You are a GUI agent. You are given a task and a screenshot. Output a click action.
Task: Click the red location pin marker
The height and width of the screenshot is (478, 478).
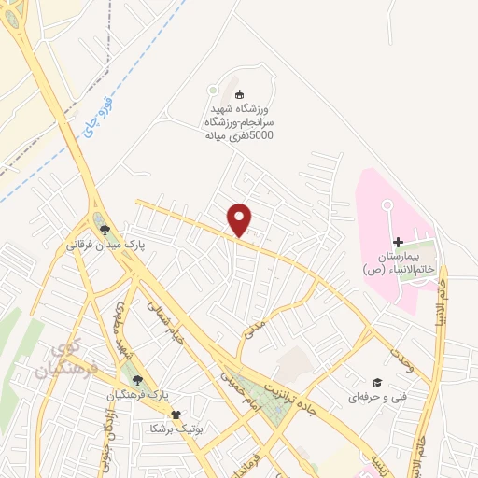tap(240, 218)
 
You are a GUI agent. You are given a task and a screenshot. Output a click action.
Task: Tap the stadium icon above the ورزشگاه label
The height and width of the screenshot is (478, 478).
tap(239, 93)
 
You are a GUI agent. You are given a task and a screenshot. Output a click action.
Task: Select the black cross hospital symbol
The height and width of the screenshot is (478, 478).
tap(399, 242)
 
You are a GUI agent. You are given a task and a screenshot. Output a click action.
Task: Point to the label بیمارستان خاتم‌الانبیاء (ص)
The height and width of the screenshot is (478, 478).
tap(399, 261)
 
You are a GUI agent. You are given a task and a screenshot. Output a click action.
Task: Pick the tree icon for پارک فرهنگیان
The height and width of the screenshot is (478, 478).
tap(138, 379)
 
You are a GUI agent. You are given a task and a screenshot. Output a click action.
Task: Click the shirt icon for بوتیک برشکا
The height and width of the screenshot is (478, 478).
tap(175, 415)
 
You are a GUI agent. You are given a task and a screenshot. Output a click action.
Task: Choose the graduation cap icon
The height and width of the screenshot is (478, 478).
tap(377, 381)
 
